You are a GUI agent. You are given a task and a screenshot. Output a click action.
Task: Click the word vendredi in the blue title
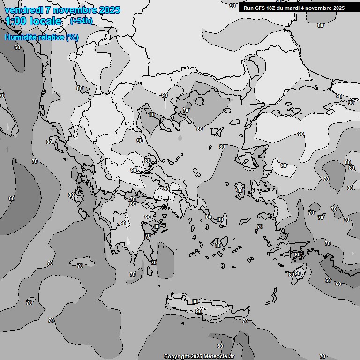pos(22,10)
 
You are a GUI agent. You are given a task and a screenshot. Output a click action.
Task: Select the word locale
pos(47,21)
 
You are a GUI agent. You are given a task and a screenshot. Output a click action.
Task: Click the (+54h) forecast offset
pos(81,21)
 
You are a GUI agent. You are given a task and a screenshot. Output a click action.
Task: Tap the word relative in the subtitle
pos(52,37)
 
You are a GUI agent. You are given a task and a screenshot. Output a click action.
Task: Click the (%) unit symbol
pos(72,37)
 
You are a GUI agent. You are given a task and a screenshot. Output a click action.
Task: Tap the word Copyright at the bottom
pos(176,356)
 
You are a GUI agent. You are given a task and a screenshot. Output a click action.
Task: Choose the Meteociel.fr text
pos(218,356)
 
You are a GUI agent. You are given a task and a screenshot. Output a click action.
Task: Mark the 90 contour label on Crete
pos(199,311)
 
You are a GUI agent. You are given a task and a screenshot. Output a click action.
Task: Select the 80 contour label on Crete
pos(195,301)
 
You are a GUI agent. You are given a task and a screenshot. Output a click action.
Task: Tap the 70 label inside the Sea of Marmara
pos(186,110)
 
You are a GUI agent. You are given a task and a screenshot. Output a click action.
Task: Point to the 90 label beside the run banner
pos(232,6)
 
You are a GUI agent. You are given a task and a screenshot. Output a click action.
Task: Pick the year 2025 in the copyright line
pos(196,356)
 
